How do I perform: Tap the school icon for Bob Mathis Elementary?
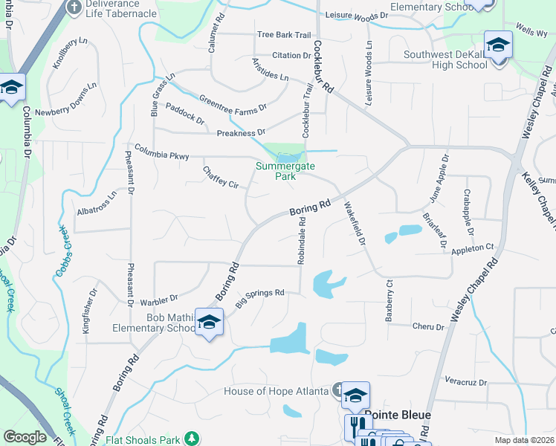pos(209,323)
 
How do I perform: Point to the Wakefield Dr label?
pos(355,224)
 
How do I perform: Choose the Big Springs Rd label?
pos(260,298)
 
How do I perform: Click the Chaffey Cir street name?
pos(220,177)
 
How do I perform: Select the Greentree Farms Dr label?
pos(232,104)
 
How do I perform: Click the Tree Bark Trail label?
pos(283,35)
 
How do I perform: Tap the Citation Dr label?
pos(291,55)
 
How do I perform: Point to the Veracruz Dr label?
pos(466,382)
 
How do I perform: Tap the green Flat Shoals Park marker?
pos(192,439)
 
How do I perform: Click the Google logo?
pos(25,437)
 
